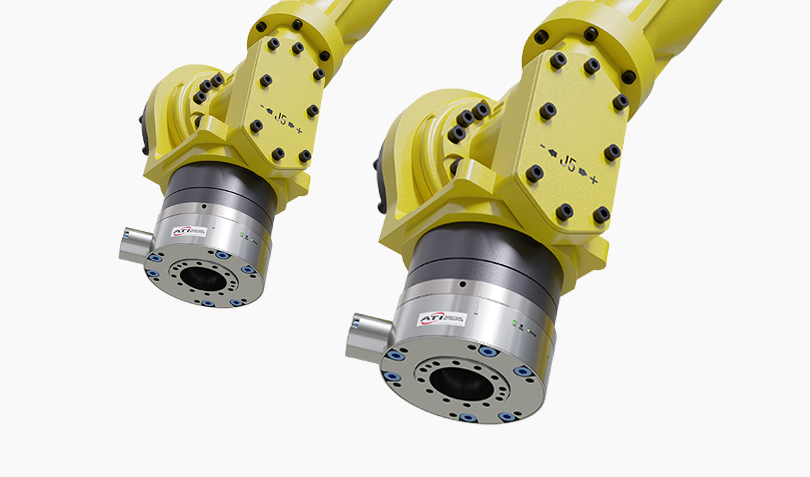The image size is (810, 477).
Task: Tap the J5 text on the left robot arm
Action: click(280, 118)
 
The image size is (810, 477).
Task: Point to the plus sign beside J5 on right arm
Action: click(594, 180)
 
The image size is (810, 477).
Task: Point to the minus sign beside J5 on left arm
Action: click(263, 107)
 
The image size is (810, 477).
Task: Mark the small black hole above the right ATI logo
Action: click(462, 284)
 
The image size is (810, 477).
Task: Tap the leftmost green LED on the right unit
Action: click(514, 323)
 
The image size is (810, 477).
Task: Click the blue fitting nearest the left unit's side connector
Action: click(153, 258)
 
